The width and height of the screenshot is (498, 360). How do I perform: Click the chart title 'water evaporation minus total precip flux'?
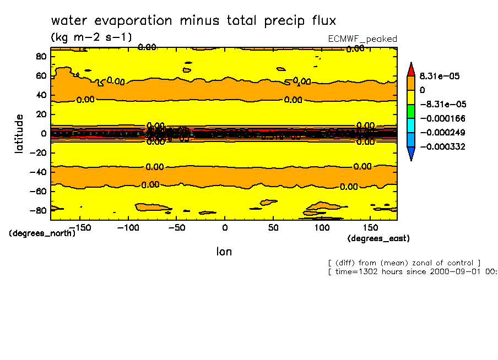[x=193, y=21]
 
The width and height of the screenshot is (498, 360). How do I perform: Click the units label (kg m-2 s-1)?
[x=91, y=37]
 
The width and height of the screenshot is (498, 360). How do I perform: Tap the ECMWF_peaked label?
[x=362, y=39]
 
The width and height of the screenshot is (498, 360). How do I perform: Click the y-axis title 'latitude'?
[x=20, y=133]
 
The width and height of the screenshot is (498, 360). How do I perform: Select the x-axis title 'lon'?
[x=223, y=252]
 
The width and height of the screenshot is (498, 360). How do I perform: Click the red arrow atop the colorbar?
[x=410, y=68]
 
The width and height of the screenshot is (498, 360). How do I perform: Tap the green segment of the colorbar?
[x=410, y=111]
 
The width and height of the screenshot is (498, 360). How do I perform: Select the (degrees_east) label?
[x=378, y=238]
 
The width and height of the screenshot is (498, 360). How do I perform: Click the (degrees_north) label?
[x=42, y=233]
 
